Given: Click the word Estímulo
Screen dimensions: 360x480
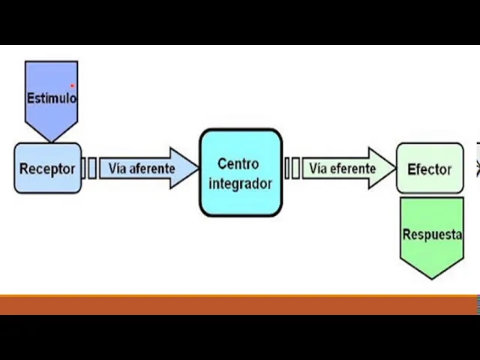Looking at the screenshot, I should tap(51, 97).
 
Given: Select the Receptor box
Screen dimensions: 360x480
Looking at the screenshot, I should tap(47, 168).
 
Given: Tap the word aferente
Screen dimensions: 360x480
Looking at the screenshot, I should tap(151, 168).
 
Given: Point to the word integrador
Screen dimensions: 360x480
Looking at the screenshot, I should tap(240, 183).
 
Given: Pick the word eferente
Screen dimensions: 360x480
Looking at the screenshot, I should tap(352, 168).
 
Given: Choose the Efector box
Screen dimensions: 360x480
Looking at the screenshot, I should tap(430, 169).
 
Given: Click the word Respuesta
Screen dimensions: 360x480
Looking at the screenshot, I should tap(432, 234).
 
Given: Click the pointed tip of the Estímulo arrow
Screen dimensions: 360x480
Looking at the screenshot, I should tap(51, 139).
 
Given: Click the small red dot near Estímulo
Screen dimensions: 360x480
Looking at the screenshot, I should tap(73, 85).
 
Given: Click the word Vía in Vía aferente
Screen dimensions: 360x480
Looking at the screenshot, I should tap(117, 168).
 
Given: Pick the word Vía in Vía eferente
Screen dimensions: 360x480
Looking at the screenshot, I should tap(318, 168).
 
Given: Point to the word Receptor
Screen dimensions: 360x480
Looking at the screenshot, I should tap(47, 168).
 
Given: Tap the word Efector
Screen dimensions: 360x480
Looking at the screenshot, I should tap(430, 169).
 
